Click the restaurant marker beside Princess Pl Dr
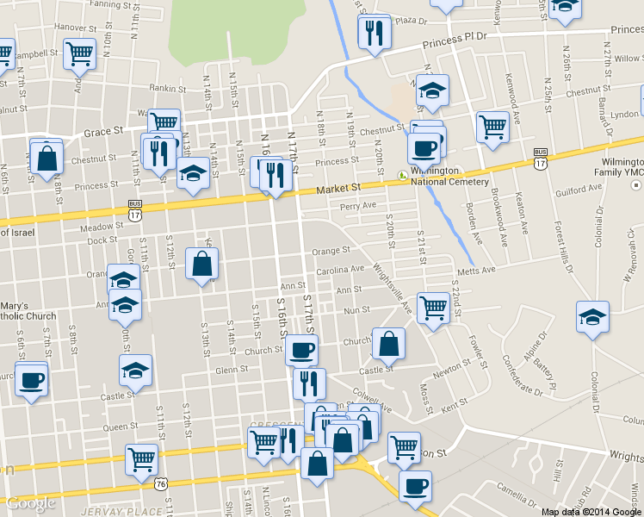374,33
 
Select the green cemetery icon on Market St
402,176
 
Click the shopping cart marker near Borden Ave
492,126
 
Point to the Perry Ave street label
358,206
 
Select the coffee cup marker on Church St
301,350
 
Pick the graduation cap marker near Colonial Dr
593,317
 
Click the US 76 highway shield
161,484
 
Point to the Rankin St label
168,87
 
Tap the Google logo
31,503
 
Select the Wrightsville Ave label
393,288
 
